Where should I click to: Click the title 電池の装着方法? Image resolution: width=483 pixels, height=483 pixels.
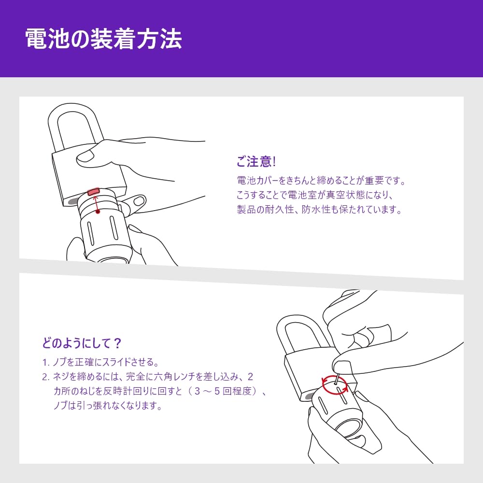pyautogui.click(x=103, y=39)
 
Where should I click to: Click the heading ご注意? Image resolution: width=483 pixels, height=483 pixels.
pyautogui.click(x=256, y=162)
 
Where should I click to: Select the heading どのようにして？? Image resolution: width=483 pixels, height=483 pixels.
pyautogui.click(x=82, y=343)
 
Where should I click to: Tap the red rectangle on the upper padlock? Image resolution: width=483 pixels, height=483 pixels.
pyautogui.click(x=94, y=192)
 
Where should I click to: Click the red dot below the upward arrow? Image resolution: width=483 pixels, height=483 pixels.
pyautogui.click(x=98, y=212)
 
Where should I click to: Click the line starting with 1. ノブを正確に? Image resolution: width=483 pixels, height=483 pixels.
pyautogui.click(x=101, y=362)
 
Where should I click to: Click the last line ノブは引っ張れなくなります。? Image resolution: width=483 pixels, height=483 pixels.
pyautogui.click(x=108, y=405)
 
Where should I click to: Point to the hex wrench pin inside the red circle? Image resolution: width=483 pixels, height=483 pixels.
pyautogui.click(x=337, y=379)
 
